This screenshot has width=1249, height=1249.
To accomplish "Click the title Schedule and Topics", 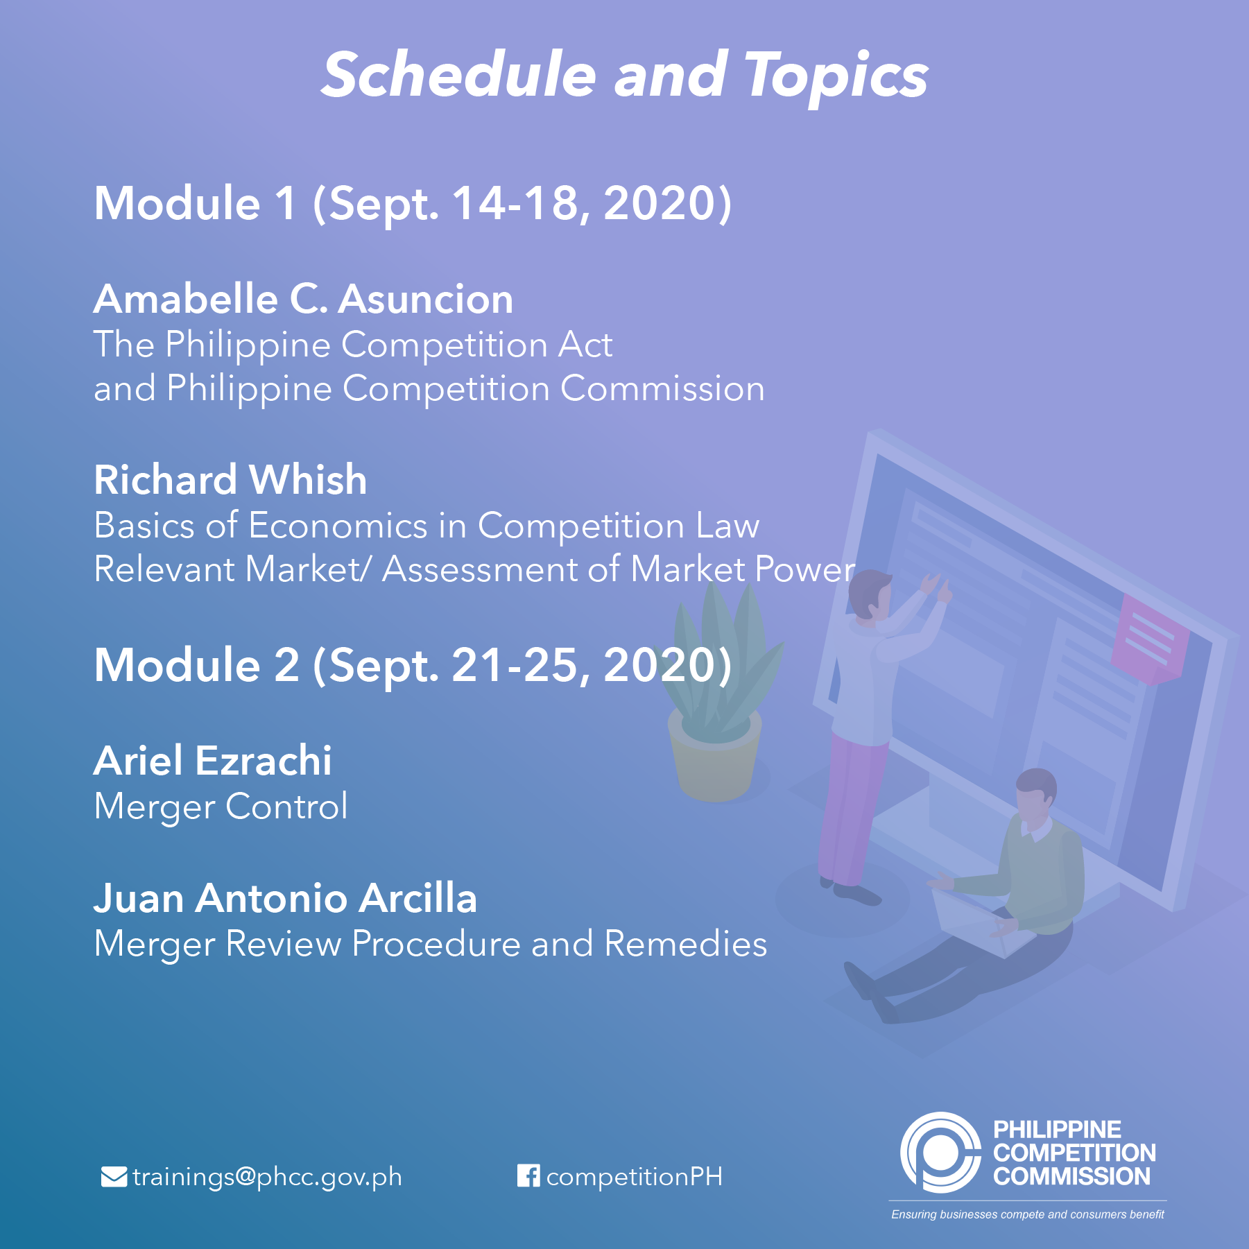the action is tap(624, 75).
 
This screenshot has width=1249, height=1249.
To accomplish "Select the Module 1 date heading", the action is tap(413, 204).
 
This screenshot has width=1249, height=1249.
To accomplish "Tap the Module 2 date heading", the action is tap(413, 665).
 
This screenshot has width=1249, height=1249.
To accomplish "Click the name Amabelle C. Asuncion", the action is tap(304, 299).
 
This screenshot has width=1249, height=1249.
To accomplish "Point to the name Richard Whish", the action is tap(230, 480).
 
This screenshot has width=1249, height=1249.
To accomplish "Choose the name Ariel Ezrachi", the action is tap(213, 761).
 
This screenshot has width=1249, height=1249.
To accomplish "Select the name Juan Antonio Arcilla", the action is tap(285, 899).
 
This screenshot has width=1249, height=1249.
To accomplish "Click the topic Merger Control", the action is tap(221, 807).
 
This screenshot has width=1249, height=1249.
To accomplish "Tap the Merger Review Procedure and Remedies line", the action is tap(431, 944).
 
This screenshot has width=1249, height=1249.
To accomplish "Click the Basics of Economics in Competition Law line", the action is tap(427, 525).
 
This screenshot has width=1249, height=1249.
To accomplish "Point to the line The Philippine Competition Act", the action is tap(353, 345).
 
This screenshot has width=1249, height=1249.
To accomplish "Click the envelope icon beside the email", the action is tap(114, 1177).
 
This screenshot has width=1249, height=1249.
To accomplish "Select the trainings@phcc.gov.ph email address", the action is tap(267, 1178).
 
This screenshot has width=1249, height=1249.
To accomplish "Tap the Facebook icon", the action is tap(528, 1175).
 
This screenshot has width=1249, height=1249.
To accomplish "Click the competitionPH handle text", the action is tap(635, 1178).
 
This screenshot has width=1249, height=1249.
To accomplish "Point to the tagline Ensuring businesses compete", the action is tap(1028, 1214).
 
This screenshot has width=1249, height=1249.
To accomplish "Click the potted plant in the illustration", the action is tap(718, 694).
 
